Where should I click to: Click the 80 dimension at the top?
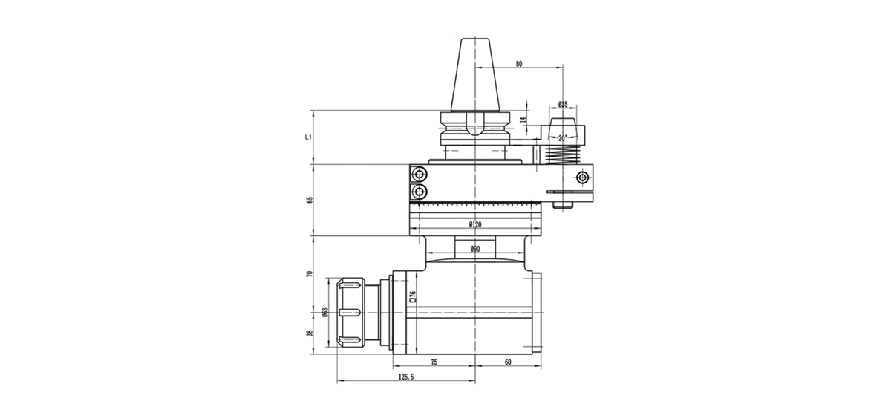click(518, 64)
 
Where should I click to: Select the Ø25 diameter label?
click(563, 105)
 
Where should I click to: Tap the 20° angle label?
click(562, 137)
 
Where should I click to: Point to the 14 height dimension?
click(523, 120)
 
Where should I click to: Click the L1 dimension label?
click(307, 137)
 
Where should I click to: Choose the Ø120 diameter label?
click(475, 224)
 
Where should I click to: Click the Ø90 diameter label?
click(475, 250)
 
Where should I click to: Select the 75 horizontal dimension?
click(434, 362)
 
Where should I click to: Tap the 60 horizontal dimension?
click(508, 362)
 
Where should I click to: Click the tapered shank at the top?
click(474, 74)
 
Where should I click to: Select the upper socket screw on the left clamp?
click(421, 175)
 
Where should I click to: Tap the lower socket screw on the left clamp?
click(421, 193)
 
